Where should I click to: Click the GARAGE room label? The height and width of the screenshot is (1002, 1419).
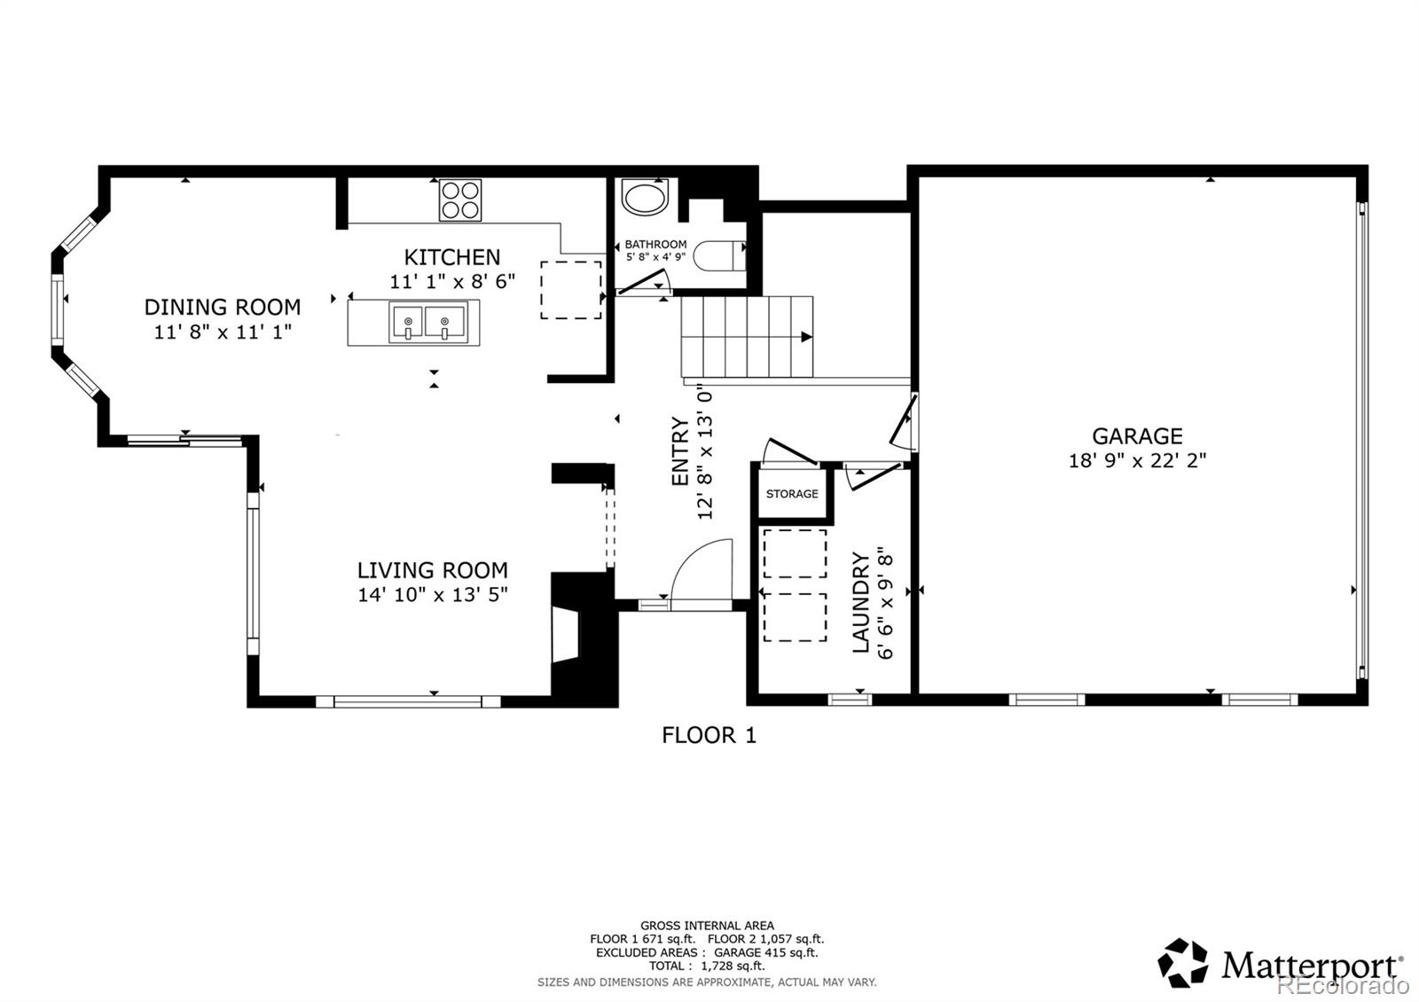[x=1137, y=435]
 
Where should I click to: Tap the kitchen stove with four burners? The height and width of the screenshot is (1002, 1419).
[x=460, y=200]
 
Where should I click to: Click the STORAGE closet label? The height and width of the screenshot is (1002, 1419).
[x=792, y=494]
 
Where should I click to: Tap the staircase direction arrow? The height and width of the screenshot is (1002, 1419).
[x=805, y=337]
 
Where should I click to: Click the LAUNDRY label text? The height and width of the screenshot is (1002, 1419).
[x=860, y=602]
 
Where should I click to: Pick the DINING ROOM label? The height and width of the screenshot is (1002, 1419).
[x=223, y=307]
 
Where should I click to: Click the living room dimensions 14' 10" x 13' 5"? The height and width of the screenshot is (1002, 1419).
[x=433, y=594]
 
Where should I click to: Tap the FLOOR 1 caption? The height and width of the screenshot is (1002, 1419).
[x=709, y=734]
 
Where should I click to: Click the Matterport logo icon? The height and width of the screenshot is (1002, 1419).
[x=1183, y=963]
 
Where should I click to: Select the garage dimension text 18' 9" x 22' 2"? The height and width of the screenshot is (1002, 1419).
[x=1137, y=460]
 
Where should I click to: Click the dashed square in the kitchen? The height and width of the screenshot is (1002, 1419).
[x=571, y=290]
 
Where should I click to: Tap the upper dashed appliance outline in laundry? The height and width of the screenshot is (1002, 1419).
[x=795, y=553]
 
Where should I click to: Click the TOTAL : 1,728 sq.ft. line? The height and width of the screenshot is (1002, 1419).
[x=707, y=966]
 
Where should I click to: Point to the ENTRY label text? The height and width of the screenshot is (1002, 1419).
[x=680, y=451]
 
